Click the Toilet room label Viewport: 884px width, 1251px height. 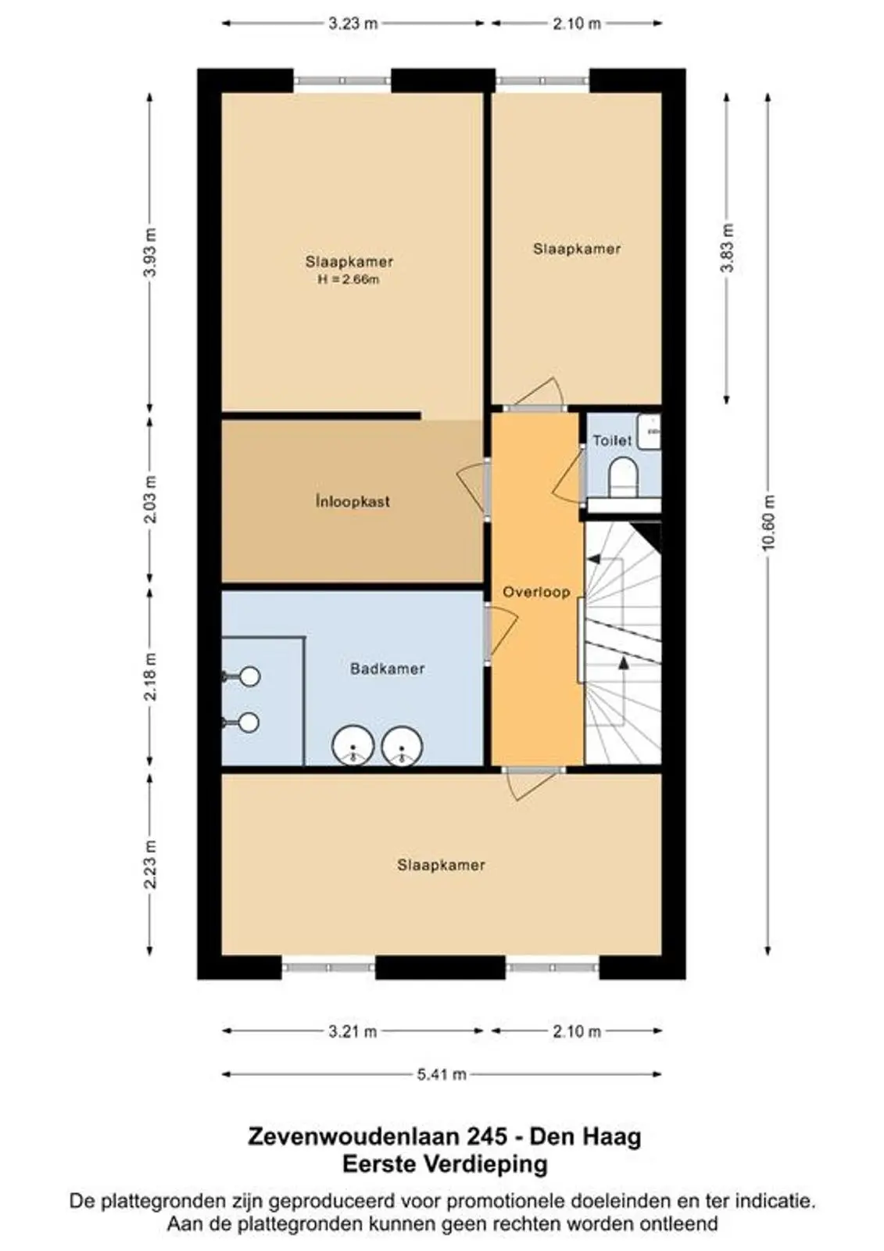click(612, 441)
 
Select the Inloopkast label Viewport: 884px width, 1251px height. click(353, 501)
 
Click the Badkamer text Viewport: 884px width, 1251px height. click(387, 669)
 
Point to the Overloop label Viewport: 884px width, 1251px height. click(536, 592)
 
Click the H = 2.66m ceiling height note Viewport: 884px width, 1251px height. click(349, 280)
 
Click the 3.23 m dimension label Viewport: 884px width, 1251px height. click(353, 23)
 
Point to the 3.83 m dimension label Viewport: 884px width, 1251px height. click(727, 247)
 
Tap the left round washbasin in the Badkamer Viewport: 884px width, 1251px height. click(353, 746)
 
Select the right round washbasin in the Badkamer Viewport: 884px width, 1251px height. click(402, 746)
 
